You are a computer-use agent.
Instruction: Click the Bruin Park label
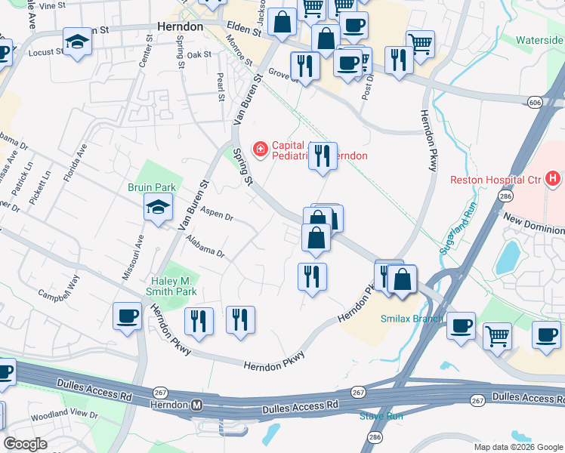[151, 187]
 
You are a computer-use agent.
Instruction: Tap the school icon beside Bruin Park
[158, 208]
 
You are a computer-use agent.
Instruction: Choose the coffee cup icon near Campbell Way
[127, 316]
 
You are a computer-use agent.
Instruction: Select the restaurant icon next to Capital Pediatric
[323, 156]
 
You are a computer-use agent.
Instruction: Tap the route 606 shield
[535, 101]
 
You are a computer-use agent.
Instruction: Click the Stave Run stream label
[381, 416]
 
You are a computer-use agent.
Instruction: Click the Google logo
[26, 444]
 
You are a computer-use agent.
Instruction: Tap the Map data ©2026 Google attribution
[517, 447]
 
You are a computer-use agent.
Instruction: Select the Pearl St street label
[221, 87]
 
